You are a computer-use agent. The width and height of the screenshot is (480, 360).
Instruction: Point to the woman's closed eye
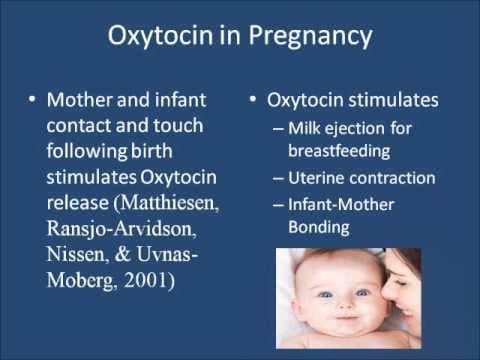(x=412, y=281)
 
